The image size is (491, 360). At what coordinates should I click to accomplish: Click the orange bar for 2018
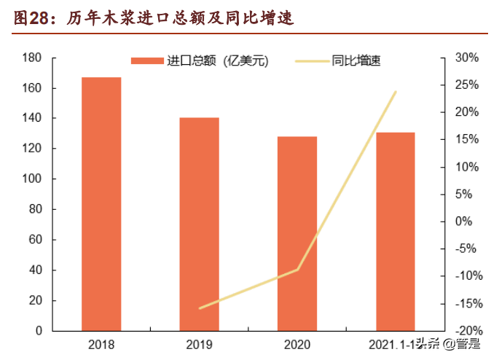[101, 204]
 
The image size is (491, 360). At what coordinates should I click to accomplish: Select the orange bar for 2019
[199, 224]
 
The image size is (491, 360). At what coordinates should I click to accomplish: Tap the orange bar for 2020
[297, 233]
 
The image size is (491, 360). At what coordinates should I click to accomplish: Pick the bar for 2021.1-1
[395, 231]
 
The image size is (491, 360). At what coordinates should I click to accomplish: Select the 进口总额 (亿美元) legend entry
[200, 61]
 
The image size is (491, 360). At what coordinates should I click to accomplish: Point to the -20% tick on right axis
[464, 331]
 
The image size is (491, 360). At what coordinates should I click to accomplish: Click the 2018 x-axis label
[101, 344]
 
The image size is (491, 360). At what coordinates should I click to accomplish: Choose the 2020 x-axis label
[297, 344]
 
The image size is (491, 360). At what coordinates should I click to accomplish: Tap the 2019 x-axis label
[199, 344]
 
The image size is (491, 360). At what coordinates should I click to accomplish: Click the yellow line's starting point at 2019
[199, 308]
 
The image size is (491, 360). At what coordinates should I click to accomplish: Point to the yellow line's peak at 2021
[396, 92]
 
